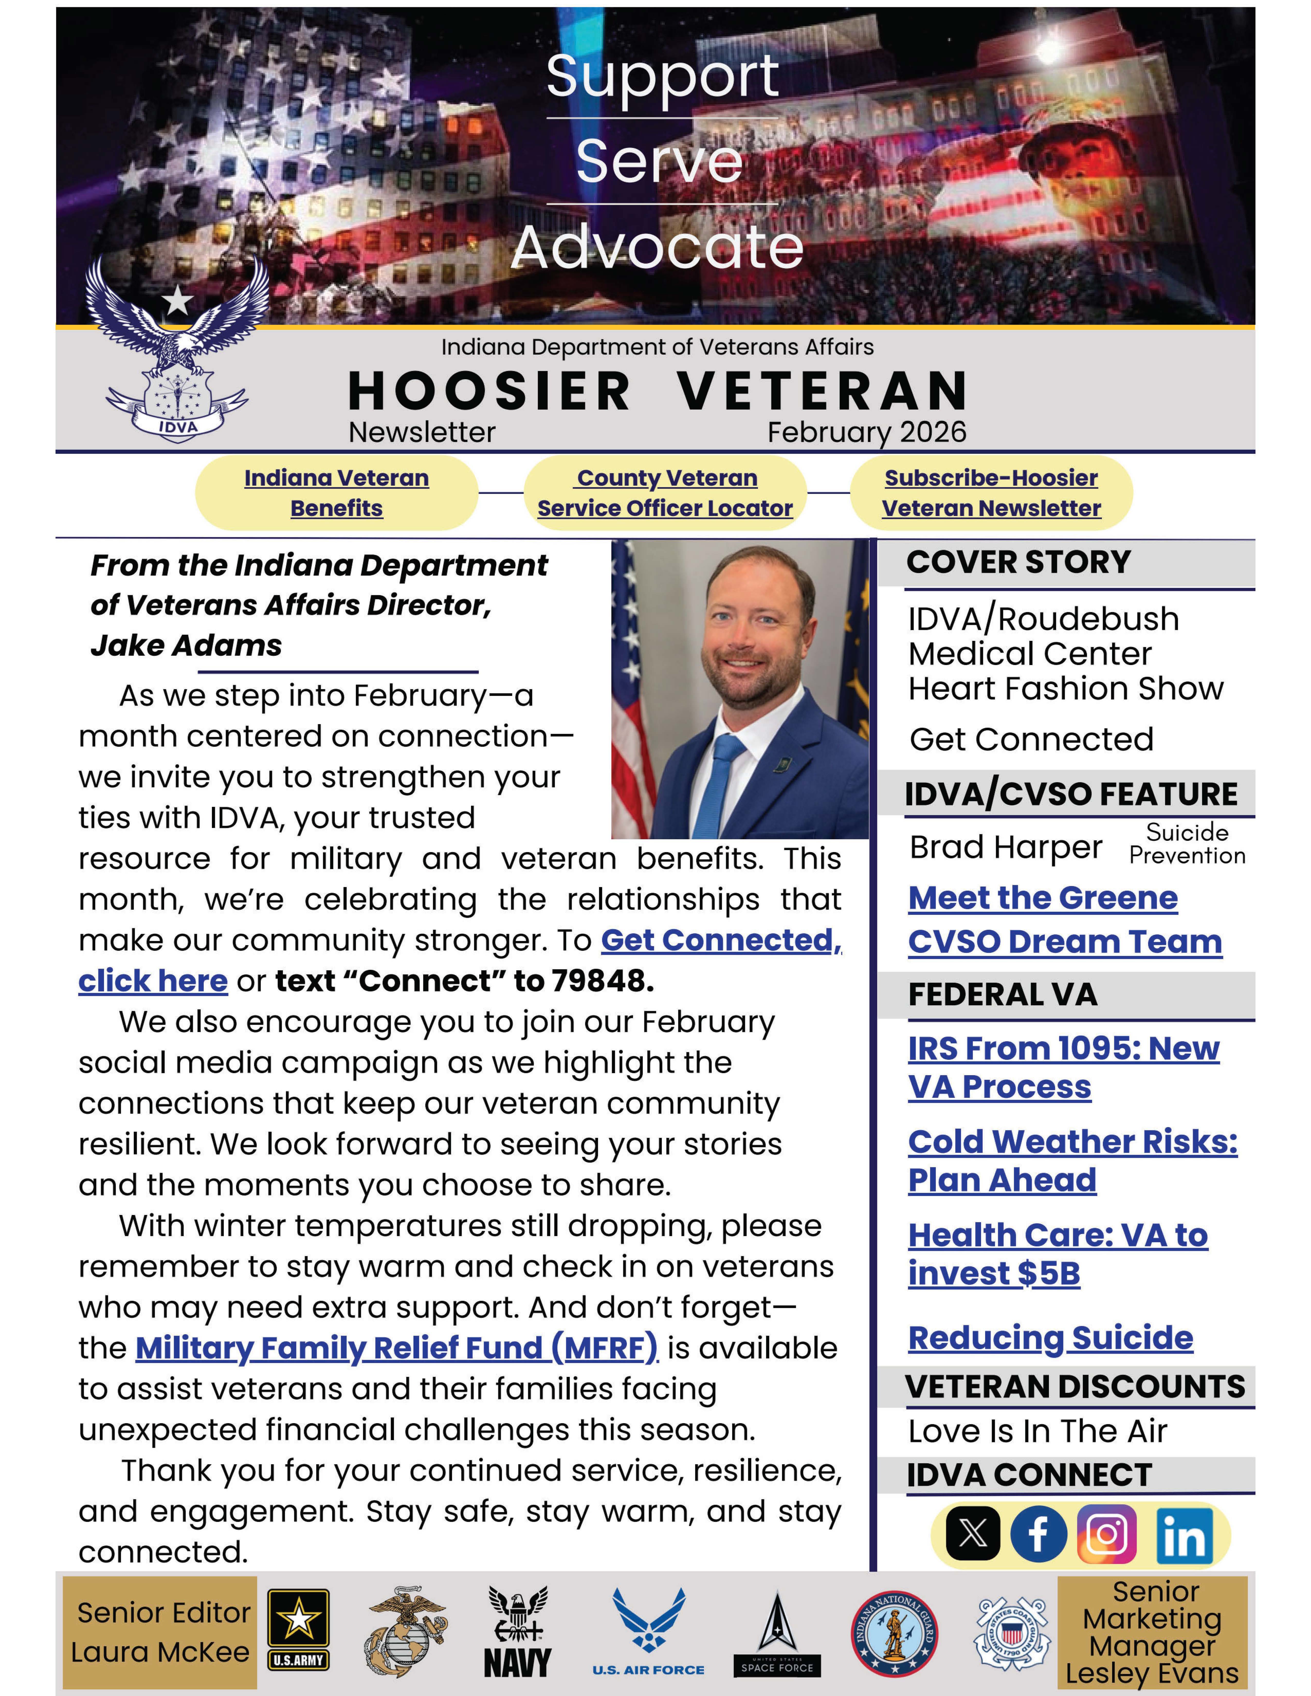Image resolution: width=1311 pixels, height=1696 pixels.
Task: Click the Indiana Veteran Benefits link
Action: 336,492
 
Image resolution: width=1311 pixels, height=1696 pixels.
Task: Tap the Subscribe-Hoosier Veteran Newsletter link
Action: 991,492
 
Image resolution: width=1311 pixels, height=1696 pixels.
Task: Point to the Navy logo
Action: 517,1631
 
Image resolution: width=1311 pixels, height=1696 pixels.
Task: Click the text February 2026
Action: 867,432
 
